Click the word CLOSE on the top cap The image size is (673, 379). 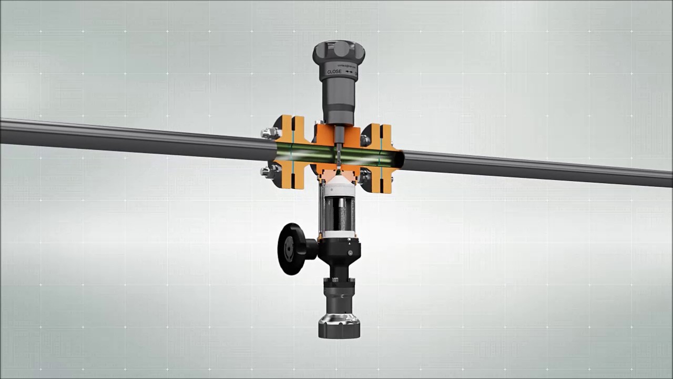tap(334, 72)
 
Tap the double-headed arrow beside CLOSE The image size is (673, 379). tap(350, 72)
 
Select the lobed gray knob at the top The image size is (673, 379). tap(339, 52)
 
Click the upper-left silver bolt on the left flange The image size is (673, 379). tap(269, 133)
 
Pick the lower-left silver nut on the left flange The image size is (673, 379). tap(269, 171)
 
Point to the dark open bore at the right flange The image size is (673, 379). tap(399, 159)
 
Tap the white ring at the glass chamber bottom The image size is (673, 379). tap(340, 234)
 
